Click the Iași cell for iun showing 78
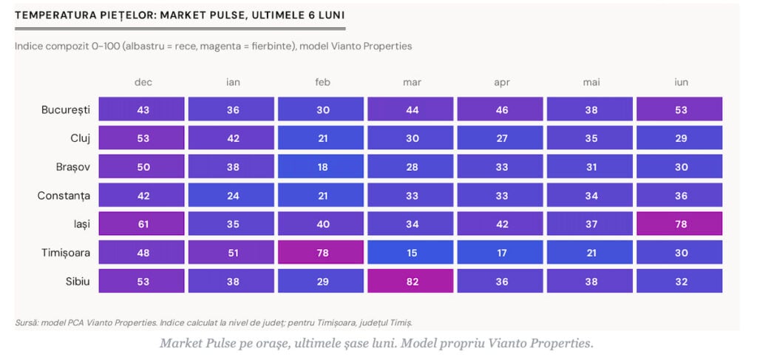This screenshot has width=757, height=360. tap(679, 224)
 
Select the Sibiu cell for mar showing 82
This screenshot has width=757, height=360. tap(410, 282)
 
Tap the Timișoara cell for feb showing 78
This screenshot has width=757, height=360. tap(321, 252)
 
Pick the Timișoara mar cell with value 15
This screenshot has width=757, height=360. tap(410, 252)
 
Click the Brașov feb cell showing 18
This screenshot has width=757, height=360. tap(321, 166)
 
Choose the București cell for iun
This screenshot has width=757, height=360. tap(679, 109)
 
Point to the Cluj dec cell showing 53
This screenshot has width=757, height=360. tap(141, 138)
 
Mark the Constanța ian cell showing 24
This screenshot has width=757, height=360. tap(231, 195)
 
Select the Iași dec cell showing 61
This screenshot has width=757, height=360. tap(141, 224)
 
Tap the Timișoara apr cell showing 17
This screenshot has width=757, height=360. tap(500, 252)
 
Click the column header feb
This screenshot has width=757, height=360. tap(322, 82)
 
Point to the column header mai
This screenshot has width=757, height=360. tap(591, 82)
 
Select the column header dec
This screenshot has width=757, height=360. tap(143, 82)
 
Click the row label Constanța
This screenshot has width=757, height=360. tap(64, 196)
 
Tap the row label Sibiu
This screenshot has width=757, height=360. tap(78, 282)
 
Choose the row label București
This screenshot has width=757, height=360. tap(66, 110)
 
